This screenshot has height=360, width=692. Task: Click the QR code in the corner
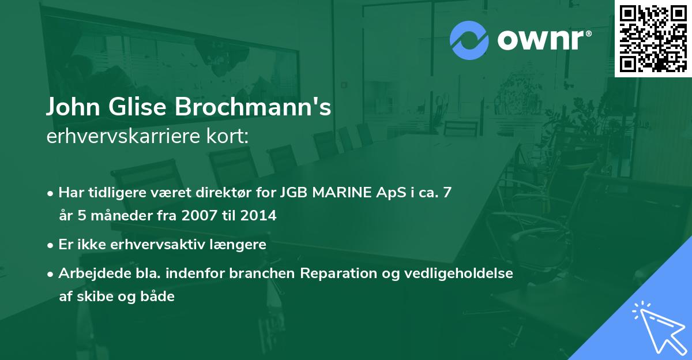[653, 39]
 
